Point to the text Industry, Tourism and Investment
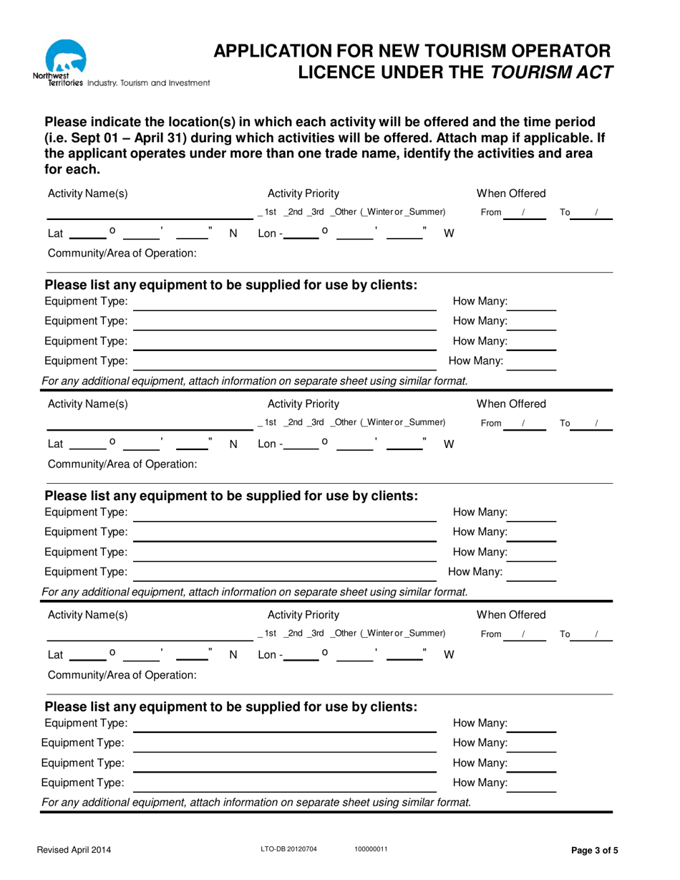point(148,83)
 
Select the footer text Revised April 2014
point(74,851)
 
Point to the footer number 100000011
point(371,850)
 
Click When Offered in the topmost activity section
point(511,193)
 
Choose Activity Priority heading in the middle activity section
point(303,403)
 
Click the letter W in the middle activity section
point(449,444)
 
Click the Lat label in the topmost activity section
point(54,234)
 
